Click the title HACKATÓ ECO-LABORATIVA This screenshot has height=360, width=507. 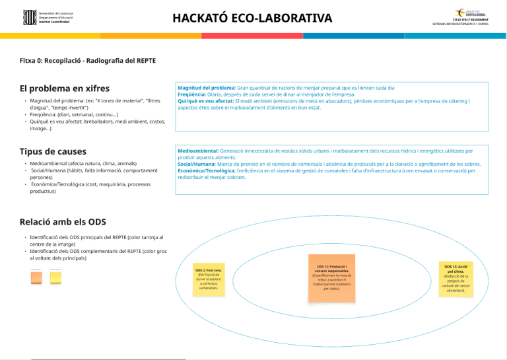tap(252, 18)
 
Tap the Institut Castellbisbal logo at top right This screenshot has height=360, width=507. tap(470, 13)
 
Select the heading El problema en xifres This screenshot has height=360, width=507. tap(65, 89)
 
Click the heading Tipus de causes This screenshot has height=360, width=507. tap(53, 151)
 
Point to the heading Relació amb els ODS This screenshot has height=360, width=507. tap(63, 222)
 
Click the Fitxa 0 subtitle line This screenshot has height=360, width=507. tap(88, 61)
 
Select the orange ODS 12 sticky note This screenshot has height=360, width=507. tap(331, 277)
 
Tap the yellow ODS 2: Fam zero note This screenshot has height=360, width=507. tap(209, 279)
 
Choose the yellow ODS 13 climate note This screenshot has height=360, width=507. tap(455, 279)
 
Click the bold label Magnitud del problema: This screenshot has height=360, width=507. tap(207, 87)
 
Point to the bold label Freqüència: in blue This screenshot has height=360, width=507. tap(193, 94)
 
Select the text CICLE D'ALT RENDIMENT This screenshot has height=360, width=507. tap(469, 20)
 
